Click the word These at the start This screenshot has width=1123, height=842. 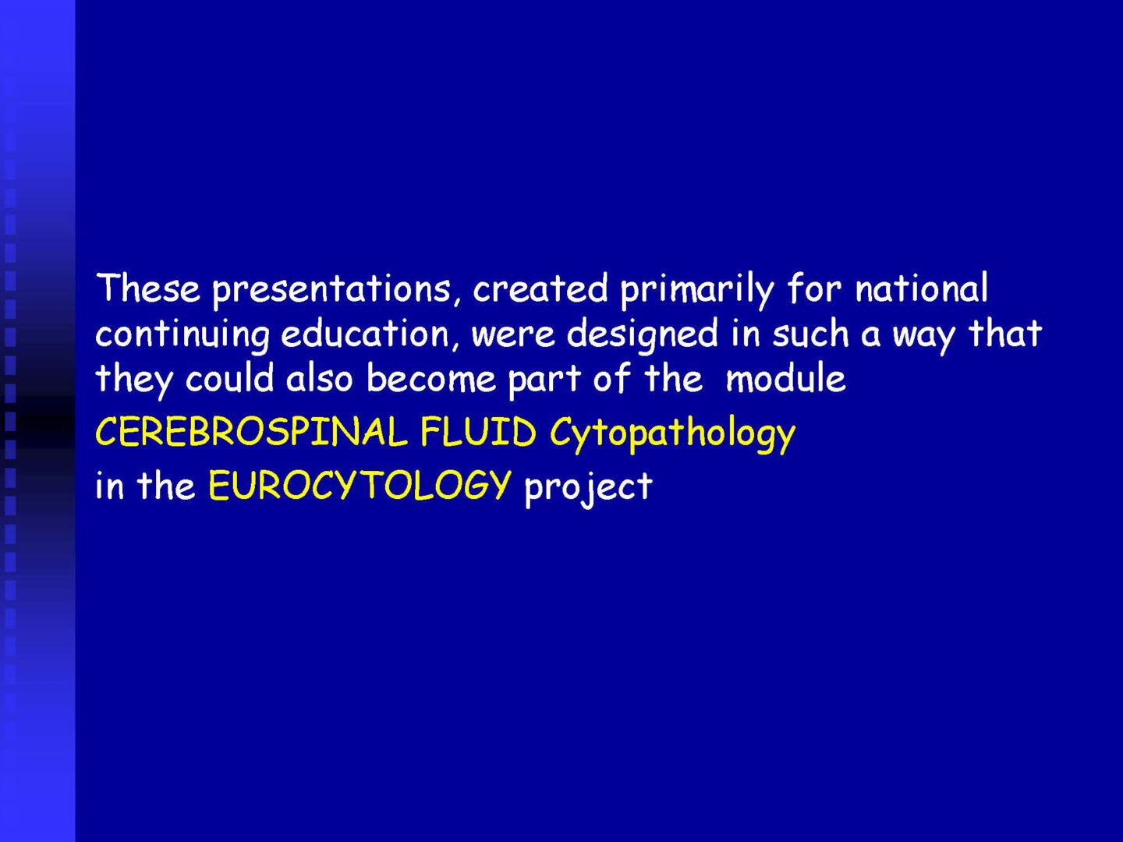coord(148,288)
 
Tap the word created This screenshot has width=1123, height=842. coord(540,288)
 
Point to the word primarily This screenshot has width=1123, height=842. coord(697,290)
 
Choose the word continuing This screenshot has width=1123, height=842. coord(182,336)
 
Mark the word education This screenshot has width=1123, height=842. coord(365,334)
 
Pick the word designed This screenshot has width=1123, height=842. coord(643,336)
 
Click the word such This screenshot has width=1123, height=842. coord(810,334)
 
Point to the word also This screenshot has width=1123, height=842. coord(319,378)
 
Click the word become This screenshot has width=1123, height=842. coord(431,378)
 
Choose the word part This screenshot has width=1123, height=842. coord(544,382)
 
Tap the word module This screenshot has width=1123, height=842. coord(785,378)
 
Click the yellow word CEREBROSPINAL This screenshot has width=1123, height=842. coord(251,431)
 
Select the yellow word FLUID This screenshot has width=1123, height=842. coord(478,431)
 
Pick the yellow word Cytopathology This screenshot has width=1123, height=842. coord(672,434)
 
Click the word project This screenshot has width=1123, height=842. coord(588,488)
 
